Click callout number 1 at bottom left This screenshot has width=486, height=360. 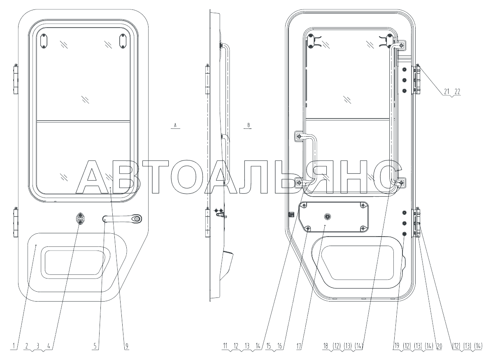14,346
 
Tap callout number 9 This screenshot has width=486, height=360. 126,346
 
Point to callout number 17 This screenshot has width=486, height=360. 299,346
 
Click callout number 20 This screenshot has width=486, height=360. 439,346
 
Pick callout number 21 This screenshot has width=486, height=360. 446,91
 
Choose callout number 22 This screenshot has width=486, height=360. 457,91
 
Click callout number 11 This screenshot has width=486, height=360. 226,346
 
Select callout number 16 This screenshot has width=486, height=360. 279,346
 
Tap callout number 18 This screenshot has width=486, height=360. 326,346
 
